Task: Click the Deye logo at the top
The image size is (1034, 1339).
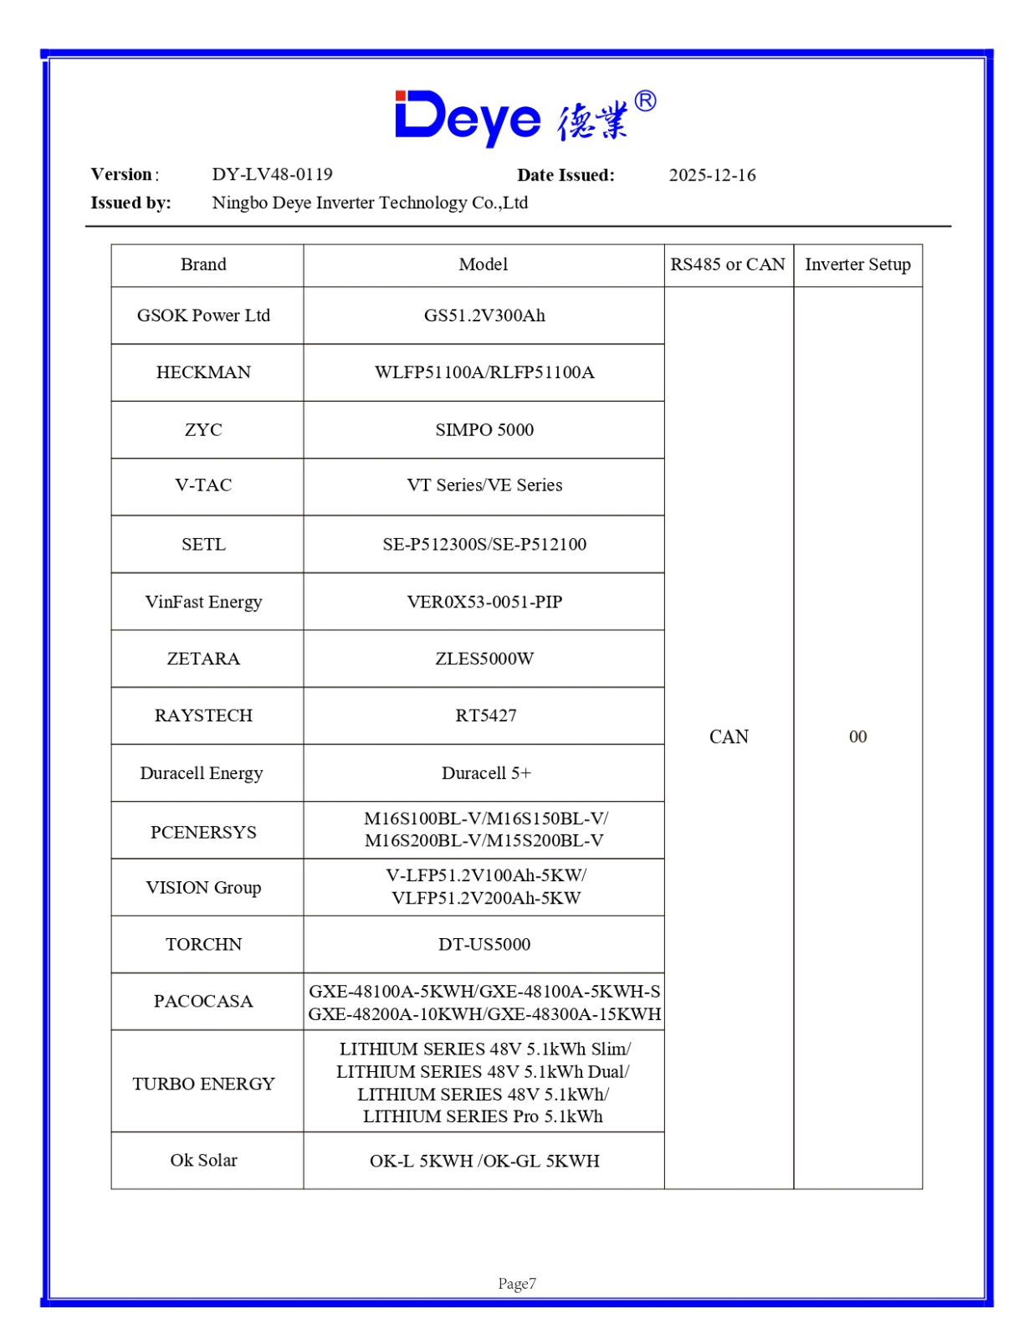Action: point(525,117)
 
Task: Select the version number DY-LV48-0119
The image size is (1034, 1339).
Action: point(272,174)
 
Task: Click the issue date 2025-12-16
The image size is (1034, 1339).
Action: point(712,175)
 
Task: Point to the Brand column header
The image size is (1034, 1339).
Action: point(203,264)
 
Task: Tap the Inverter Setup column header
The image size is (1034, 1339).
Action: point(857,264)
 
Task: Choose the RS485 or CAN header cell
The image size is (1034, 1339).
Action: point(728,264)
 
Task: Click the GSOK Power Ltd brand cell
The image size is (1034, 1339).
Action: point(203,316)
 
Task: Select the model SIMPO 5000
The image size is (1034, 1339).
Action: point(484,430)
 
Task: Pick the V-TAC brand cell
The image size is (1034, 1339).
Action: point(203,485)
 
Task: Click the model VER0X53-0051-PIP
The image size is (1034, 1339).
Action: point(484,602)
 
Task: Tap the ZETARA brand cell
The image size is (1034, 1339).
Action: point(203,659)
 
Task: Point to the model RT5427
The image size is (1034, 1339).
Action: point(485,716)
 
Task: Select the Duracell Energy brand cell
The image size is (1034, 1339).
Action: point(202,773)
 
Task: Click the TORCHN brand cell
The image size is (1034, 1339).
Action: point(203,945)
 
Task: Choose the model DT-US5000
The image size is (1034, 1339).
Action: point(484,945)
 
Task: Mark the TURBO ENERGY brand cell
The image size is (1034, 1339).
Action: point(203,1084)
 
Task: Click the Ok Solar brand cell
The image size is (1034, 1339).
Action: point(203,1161)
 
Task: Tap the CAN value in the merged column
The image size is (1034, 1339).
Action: point(729,737)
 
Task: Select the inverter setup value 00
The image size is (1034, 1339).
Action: point(857,737)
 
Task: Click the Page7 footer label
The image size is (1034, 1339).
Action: point(517,1284)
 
